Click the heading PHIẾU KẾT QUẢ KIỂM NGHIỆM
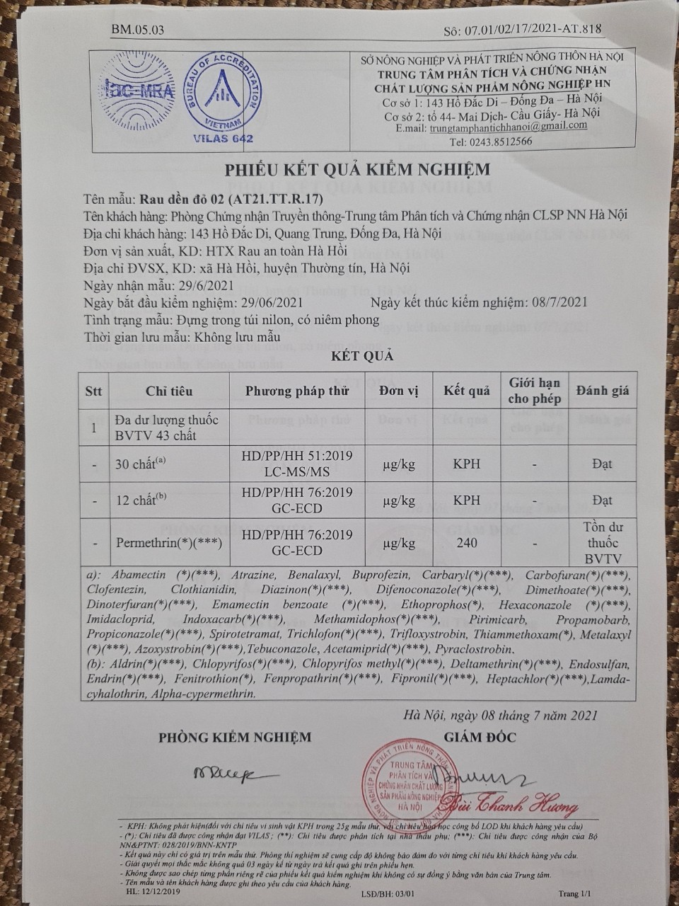(356, 170)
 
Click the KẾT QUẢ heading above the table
(362, 355)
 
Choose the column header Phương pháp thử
(296, 391)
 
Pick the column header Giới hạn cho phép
(534, 391)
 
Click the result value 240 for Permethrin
(467, 544)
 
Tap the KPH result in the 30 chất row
(467, 464)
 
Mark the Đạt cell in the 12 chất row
(602, 500)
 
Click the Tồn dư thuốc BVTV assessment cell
(602, 543)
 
